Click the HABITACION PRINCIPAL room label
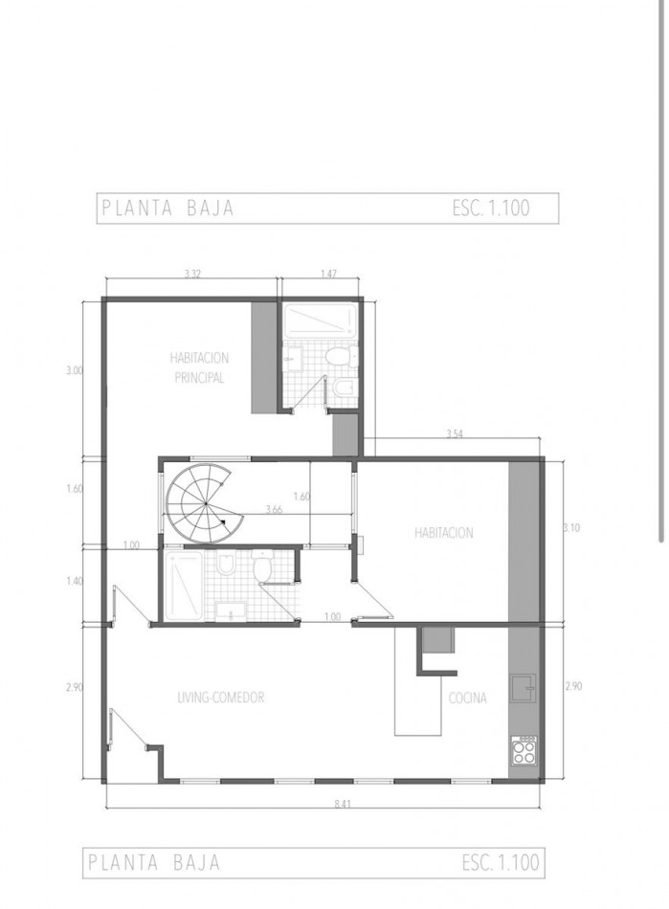(x=199, y=367)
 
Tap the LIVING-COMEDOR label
(x=221, y=697)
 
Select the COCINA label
(x=468, y=698)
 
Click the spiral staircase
(x=204, y=504)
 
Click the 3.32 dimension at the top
(x=192, y=275)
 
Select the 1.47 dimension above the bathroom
(x=328, y=273)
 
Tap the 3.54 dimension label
(x=455, y=433)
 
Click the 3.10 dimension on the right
(x=572, y=528)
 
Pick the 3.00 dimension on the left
(x=75, y=370)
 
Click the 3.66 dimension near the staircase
(x=274, y=510)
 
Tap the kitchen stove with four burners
(x=524, y=750)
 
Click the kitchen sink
(x=523, y=688)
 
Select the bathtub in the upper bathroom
(x=320, y=321)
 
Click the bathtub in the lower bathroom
(x=184, y=586)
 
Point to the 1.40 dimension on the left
(x=75, y=581)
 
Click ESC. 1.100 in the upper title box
(x=492, y=209)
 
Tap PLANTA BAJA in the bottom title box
(x=154, y=862)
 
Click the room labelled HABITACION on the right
(x=443, y=532)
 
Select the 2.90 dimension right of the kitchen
(x=573, y=686)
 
